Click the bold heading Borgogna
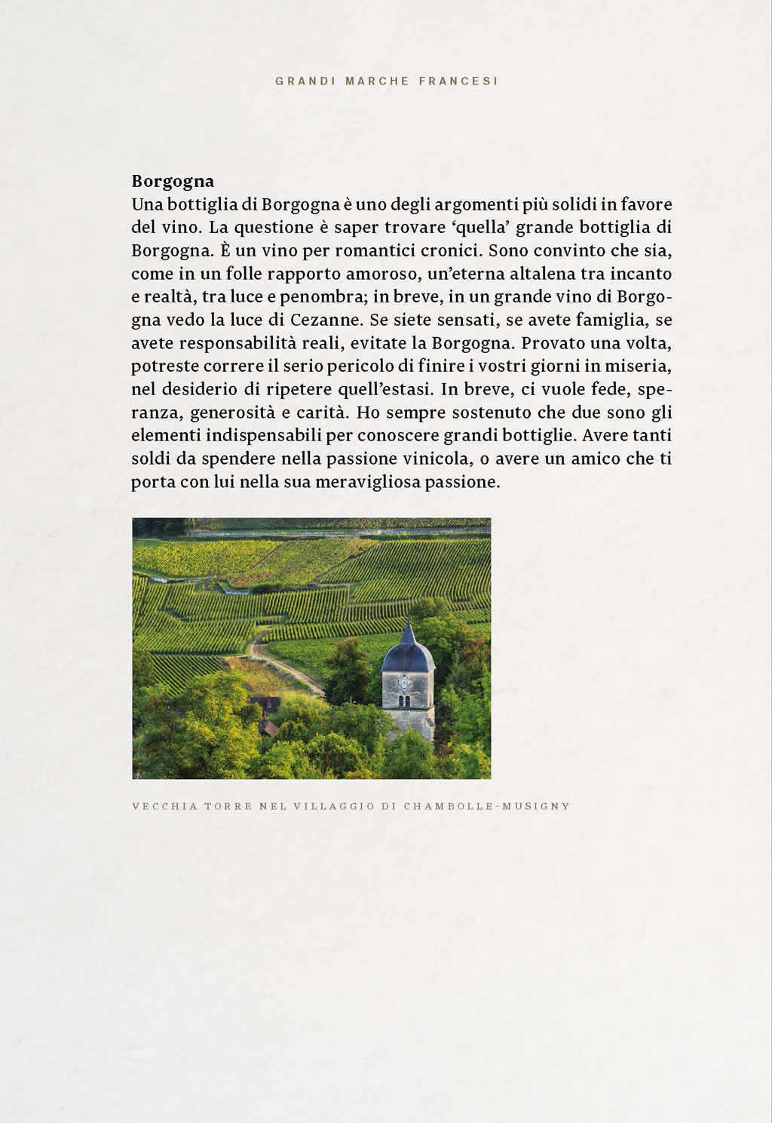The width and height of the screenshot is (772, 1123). pos(173,181)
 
